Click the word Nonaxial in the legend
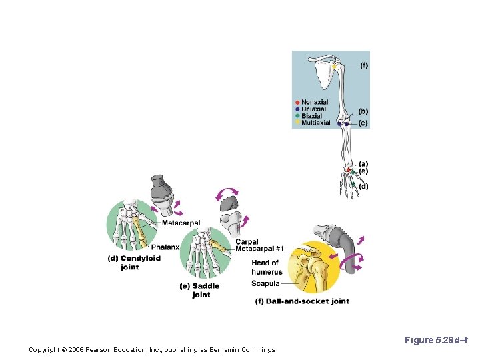(x=315, y=103)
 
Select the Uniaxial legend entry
(x=313, y=109)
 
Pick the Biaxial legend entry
(x=311, y=116)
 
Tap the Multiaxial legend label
(x=315, y=123)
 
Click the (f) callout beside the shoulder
(x=363, y=65)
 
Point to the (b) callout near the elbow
(x=363, y=111)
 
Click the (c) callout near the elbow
(x=363, y=123)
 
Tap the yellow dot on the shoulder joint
(x=336, y=67)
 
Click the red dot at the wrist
(x=348, y=171)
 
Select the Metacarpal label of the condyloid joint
(x=181, y=223)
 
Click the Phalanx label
(x=165, y=247)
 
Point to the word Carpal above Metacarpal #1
(x=247, y=242)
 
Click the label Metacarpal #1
(x=259, y=249)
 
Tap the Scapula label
(x=265, y=284)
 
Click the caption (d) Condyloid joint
(x=134, y=263)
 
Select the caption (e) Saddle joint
(x=200, y=290)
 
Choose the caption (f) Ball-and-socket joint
(x=302, y=301)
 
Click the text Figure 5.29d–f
(x=436, y=341)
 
